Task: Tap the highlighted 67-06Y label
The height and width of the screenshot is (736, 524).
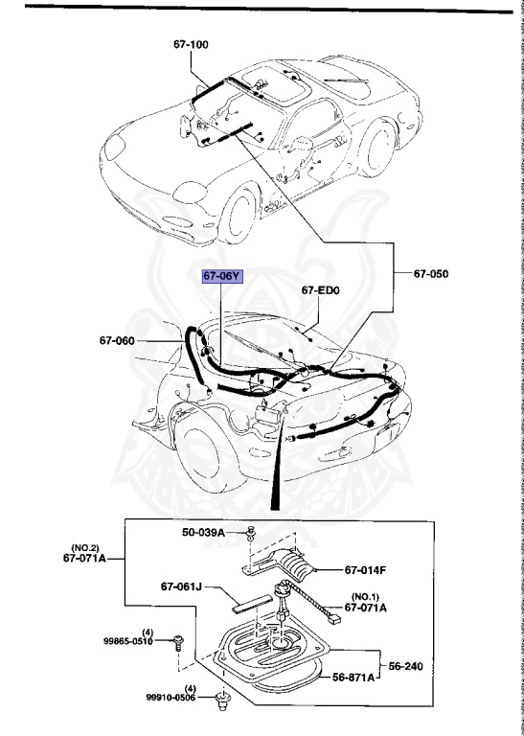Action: [222, 275]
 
